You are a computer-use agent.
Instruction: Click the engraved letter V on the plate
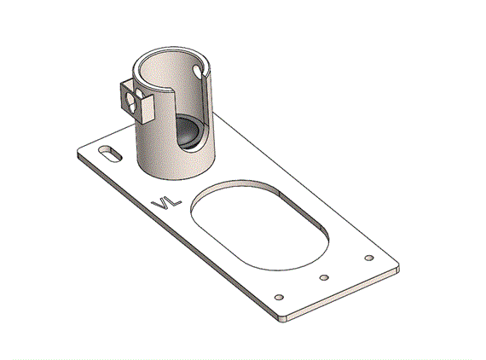pos(160,205)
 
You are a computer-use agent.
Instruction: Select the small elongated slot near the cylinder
pos(110,154)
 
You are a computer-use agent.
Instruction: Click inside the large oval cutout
pos(260,229)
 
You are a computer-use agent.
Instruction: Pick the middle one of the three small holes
pos(324,277)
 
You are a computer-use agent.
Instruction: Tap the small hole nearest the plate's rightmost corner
pos(369,258)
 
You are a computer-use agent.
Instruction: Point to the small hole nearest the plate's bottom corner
pos(280,298)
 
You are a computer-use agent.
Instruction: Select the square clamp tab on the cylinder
pos(137,102)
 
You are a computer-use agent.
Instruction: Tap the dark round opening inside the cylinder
pos(188,131)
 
